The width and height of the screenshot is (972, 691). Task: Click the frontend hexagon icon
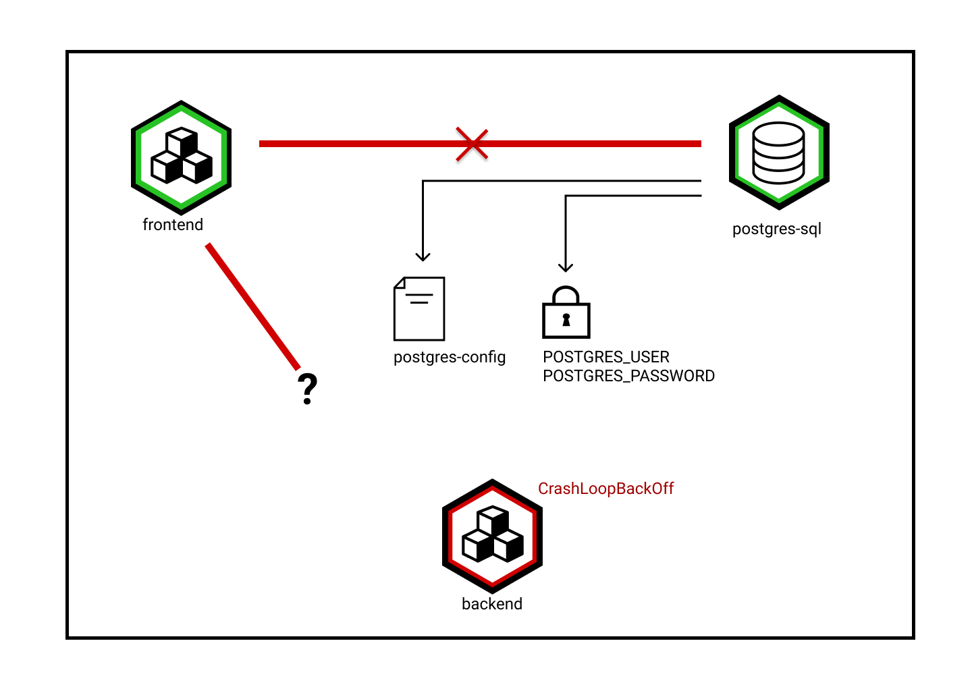[181, 157]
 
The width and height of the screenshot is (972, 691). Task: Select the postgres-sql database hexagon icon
[779, 153]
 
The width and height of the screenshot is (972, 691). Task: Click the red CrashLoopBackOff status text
[605, 489]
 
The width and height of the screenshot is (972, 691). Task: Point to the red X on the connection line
[472, 144]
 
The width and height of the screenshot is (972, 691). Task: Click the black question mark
[307, 389]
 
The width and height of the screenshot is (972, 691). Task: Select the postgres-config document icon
[419, 308]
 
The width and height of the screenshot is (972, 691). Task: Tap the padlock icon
[566, 313]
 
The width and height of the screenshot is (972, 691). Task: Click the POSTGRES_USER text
[605, 357]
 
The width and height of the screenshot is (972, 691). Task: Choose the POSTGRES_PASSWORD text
[628, 376]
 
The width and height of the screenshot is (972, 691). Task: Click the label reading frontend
[173, 225]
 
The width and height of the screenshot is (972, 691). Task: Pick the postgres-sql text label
[776, 229]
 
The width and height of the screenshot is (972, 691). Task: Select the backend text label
[492, 604]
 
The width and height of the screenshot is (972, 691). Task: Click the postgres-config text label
[450, 357]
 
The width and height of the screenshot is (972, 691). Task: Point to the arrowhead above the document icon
[423, 256]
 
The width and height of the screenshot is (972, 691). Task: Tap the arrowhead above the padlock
[566, 267]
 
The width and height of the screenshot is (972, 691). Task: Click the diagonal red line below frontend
[252, 306]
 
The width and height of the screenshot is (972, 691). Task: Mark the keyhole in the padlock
[566, 320]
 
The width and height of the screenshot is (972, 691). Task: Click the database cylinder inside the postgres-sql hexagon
[779, 153]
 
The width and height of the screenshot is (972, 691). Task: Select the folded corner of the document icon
[400, 283]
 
